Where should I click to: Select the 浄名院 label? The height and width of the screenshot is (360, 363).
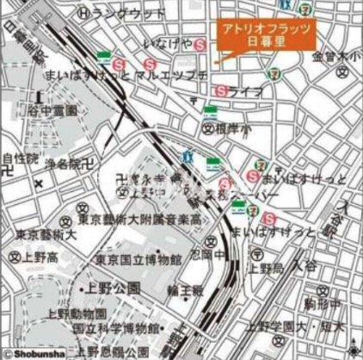63,163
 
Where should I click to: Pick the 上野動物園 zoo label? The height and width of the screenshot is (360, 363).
102,314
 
